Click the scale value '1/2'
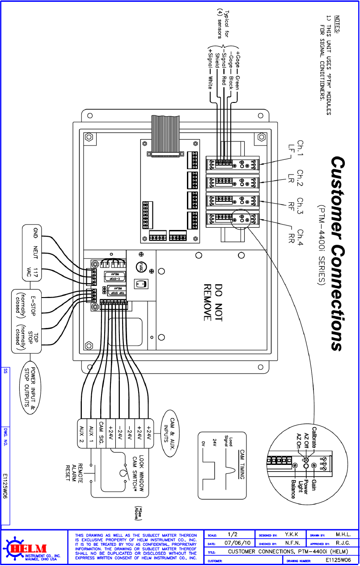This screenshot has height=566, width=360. click(233, 534)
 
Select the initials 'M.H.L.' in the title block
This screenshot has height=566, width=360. click(343, 534)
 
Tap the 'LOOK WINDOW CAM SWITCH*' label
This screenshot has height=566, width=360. click(138, 474)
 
